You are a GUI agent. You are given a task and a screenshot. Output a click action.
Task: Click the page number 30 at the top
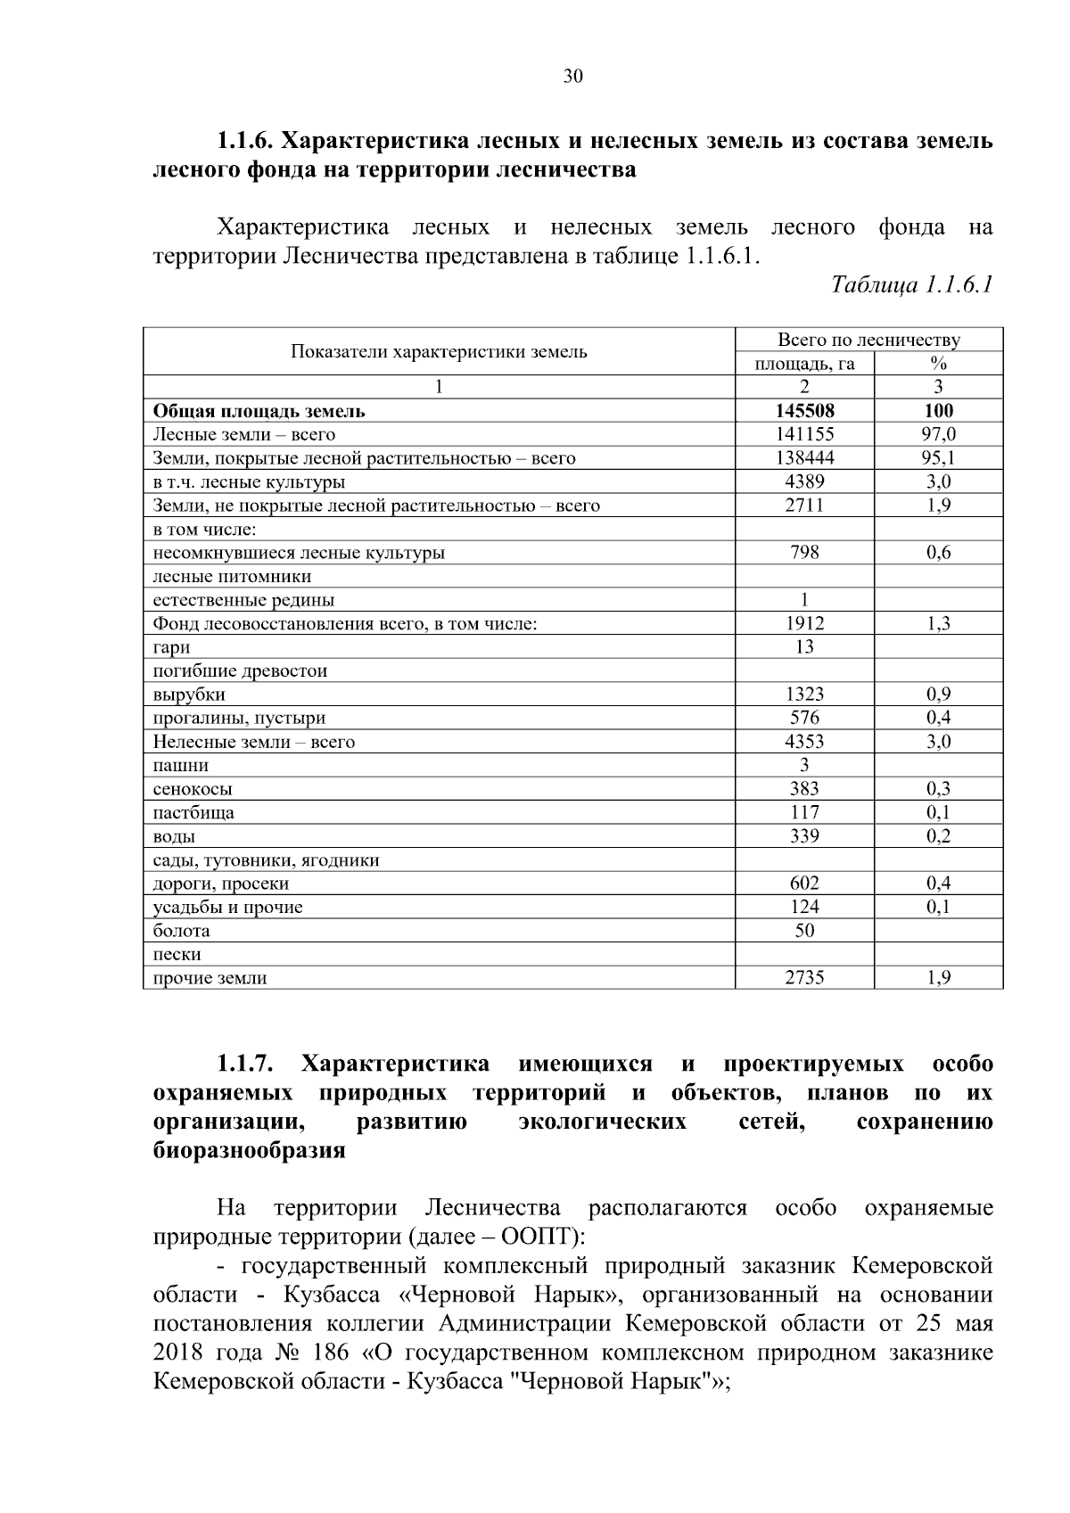[572, 77]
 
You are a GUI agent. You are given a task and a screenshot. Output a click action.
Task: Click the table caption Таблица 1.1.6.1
[911, 285]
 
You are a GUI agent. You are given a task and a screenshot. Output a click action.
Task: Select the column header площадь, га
[804, 363]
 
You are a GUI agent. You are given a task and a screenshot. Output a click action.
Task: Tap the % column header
[938, 363]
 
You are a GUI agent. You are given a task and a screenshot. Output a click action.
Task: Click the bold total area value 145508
[804, 411]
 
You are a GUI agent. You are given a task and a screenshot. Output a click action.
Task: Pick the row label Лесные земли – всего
[244, 435]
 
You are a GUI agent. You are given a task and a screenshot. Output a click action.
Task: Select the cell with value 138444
[804, 458]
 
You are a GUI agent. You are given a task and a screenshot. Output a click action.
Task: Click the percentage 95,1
[938, 458]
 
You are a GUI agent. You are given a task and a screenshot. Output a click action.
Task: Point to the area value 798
[804, 553]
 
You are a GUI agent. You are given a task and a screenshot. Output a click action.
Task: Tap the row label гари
[171, 647]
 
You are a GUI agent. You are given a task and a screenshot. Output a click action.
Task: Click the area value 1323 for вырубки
[804, 695]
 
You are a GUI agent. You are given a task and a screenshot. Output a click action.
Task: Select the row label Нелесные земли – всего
[254, 742]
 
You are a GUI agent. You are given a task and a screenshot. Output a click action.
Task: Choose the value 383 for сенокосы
[804, 789]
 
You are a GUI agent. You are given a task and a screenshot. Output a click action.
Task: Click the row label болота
[182, 931]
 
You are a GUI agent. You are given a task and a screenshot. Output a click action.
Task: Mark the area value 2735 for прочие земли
[804, 978]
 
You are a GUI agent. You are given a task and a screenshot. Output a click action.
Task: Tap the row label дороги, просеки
[221, 884]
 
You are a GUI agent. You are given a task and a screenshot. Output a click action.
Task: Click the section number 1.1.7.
[244, 1065]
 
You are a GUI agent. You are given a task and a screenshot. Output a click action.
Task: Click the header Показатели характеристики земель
[439, 351]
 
